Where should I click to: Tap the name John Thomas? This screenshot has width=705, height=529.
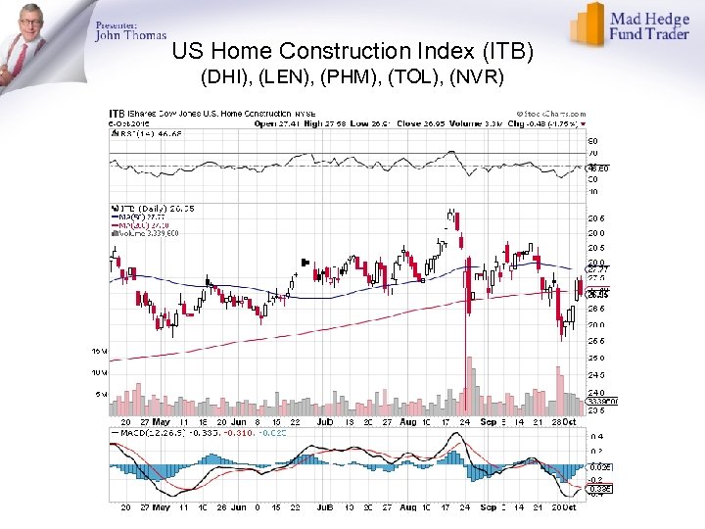tap(131, 36)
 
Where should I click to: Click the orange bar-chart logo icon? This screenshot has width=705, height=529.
tap(588, 24)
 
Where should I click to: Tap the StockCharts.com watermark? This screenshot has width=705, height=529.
tap(551, 115)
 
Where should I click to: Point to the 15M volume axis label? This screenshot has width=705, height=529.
tap(100, 351)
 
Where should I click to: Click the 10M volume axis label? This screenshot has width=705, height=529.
tap(100, 373)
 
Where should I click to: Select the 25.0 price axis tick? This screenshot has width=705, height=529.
tap(596, 359)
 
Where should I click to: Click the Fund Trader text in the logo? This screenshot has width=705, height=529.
tap(650, 33)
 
